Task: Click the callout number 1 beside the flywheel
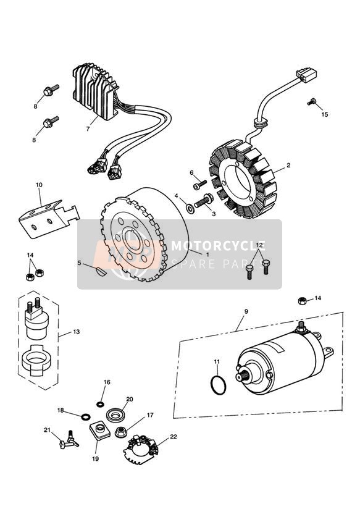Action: click(208, 254)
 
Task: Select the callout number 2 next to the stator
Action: click(288, 166)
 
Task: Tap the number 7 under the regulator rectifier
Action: click(88, 129)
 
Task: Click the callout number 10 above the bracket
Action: click(39, 185)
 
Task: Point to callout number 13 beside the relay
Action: click(77, 332)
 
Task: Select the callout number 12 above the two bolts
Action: click(260, 245)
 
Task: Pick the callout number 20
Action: click(130, 399)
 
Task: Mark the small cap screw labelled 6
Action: click(198, 184)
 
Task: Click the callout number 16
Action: click(106, 382)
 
